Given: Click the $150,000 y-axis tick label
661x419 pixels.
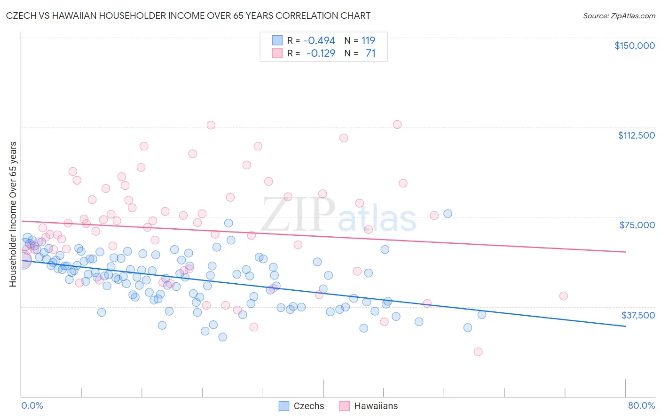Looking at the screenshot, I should (x=634, y=46).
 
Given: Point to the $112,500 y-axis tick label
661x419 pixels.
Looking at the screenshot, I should (x=636, y=135).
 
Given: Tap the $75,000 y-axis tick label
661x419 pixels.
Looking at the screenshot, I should (x=637, y=225).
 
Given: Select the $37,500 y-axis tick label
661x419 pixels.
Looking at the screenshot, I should (x=638, y=315).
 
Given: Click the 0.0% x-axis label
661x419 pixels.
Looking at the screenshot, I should (x=32, y=405).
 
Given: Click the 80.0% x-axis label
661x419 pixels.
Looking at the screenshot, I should (x=641, y=405).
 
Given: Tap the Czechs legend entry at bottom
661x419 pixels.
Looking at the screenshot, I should (x=301, y=406).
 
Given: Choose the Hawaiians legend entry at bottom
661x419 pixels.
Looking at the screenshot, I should (x=368, y=406).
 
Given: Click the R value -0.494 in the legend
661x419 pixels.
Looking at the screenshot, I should (x=319, y=40).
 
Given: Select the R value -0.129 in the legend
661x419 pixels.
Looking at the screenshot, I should (x=321, y=53).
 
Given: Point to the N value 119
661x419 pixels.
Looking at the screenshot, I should (x=368, y=40).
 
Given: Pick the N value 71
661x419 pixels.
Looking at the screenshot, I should (x=370, y=53).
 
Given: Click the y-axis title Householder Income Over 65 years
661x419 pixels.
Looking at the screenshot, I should (x=13, y=214).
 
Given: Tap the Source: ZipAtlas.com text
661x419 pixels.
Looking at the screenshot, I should (x=619, y=16).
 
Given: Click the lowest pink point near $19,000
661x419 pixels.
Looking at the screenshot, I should (x=478, y=352).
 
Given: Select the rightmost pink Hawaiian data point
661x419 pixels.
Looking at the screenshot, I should (x=563, y=296).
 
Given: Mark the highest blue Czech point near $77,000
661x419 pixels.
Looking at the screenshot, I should (x=448, y=214).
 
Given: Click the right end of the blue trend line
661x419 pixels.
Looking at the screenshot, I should (x=625, y=326).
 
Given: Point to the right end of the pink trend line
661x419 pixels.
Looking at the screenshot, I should (x=625, y=252).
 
